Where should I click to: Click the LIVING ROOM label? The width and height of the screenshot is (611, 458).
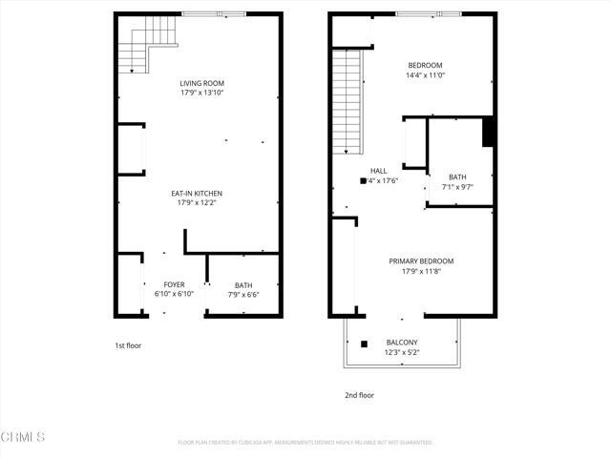[x=201, y=84]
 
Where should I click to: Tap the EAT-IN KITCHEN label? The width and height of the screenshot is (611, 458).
[x=200, y=194]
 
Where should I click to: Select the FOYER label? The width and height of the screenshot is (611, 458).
[x=174, y=284]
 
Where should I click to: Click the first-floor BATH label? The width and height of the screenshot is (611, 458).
[x=243, y=284]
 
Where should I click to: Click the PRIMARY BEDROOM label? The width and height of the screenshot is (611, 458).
[x=421, y=260]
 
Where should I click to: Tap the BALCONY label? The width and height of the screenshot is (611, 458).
[x=402, y=343]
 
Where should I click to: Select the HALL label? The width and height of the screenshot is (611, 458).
[x=379, y=171]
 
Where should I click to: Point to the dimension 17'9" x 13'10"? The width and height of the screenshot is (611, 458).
[x=201, y=94]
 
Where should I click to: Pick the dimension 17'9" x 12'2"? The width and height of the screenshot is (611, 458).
[x=200, y=203]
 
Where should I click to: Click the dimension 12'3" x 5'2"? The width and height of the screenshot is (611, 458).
[x=402, y=352]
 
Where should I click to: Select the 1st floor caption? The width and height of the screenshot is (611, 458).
[x=127, y=345]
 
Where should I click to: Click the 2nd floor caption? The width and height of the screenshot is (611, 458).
[x=360, y=395]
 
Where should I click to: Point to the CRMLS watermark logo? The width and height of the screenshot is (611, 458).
[x=23, y=438]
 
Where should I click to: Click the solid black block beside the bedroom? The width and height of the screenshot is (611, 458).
[x=488, y=132]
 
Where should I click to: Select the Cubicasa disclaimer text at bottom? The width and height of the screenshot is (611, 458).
[x=305, y=443]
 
